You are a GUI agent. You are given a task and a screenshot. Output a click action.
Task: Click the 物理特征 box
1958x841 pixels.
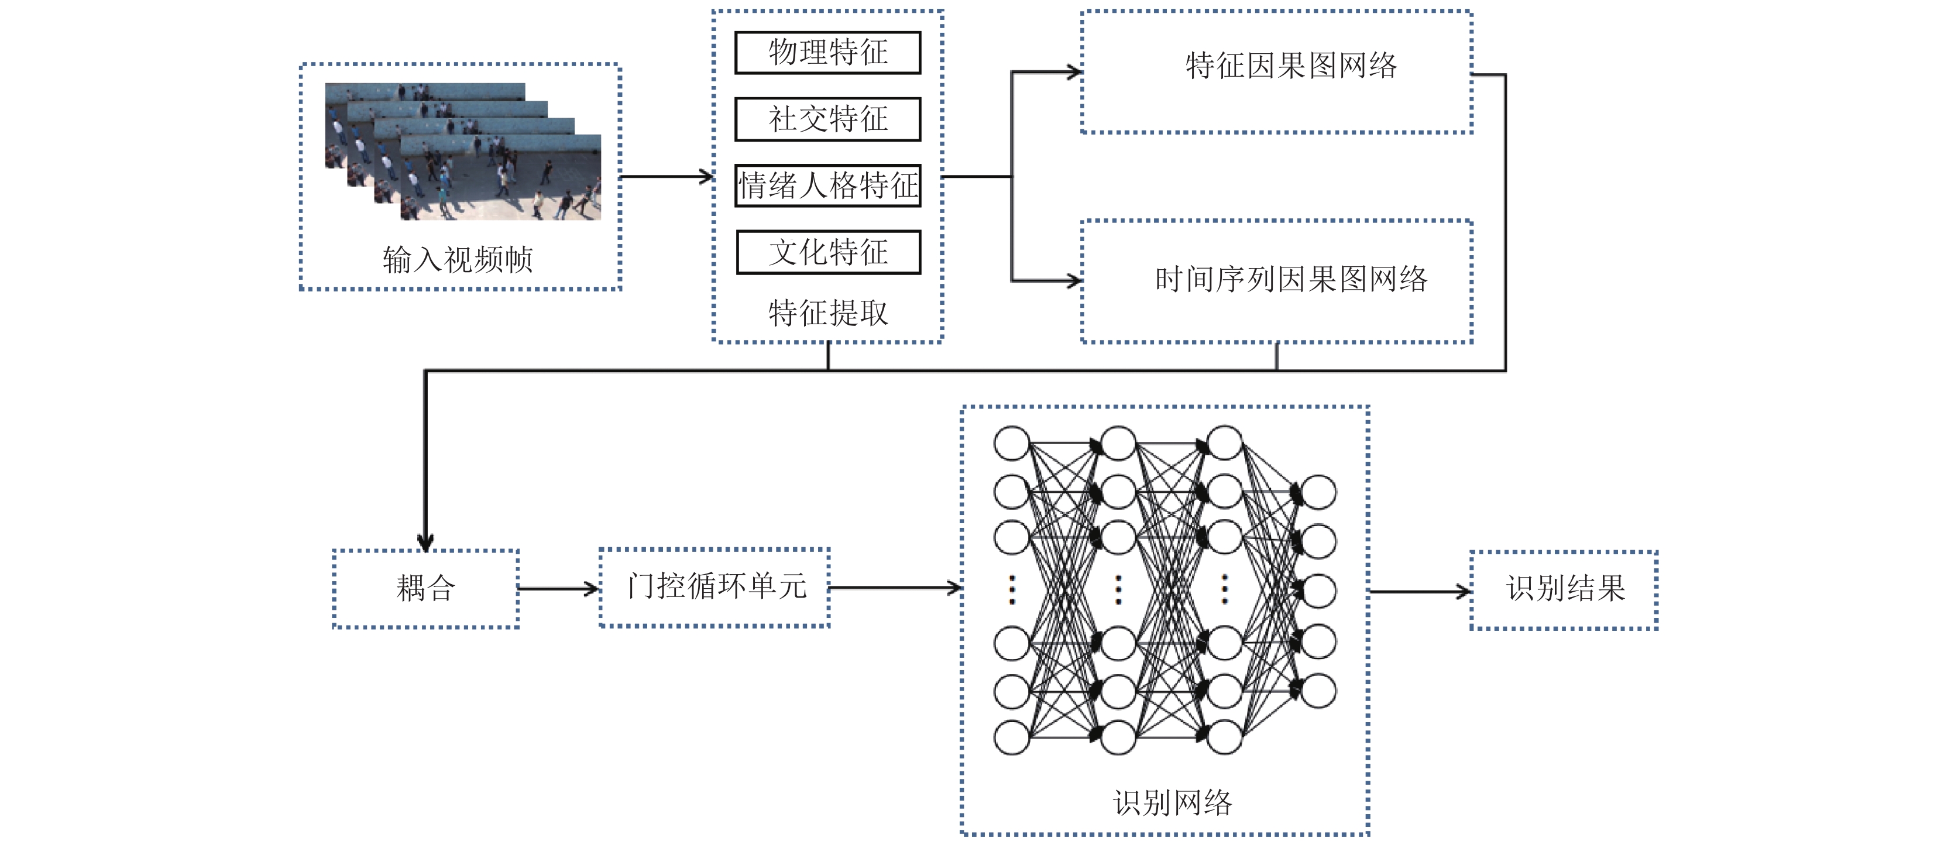(828, 53)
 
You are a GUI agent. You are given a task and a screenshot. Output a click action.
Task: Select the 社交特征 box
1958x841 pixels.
(828, 119)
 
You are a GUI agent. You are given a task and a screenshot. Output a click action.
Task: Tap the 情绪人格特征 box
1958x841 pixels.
(828, 186)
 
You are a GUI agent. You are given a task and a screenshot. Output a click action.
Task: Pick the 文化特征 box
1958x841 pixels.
(829, 252)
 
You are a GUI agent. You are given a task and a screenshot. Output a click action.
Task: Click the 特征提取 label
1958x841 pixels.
(828, 313)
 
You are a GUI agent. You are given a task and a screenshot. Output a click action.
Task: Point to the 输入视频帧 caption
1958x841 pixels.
(458, 259)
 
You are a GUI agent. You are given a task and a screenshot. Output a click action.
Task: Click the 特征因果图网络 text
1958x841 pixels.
(1291, 66)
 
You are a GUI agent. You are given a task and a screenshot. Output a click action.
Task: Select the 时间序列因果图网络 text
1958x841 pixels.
(1291, 279)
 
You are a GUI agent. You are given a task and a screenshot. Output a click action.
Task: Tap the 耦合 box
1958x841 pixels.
(425, 589)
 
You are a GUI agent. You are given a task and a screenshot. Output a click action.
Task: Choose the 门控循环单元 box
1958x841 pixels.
(715, 587)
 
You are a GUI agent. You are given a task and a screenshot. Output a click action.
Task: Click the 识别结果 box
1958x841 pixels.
(1564, 590)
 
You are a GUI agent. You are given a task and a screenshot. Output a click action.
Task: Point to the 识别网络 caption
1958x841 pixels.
(1172, 802)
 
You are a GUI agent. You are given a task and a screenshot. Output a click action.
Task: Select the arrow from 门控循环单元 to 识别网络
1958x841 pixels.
(895, 587)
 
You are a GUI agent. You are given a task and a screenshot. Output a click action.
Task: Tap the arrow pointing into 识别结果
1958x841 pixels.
(1420, 591)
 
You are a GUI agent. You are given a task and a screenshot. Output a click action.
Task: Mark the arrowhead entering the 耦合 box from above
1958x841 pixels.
(425, 541)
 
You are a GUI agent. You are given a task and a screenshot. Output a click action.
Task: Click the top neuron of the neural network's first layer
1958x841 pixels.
(1012, 443)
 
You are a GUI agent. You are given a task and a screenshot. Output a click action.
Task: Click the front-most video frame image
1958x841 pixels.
(500, 177)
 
